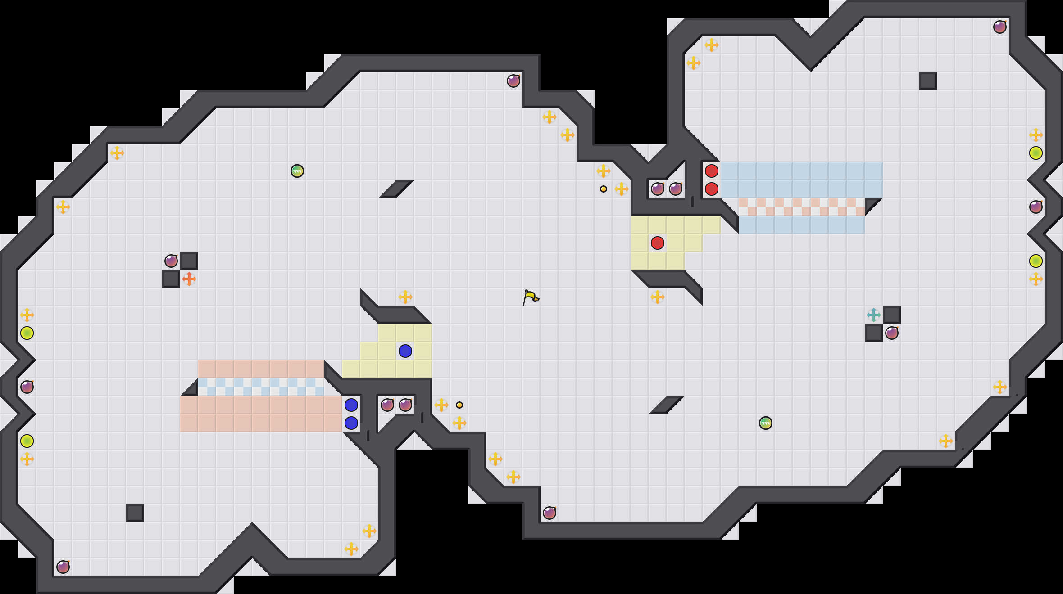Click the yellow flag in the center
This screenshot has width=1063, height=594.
[531, 297]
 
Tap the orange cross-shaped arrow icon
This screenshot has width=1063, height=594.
[189, 279]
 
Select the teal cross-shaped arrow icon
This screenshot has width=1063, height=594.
[874, 315]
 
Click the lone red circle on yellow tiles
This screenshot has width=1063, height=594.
[658, 243]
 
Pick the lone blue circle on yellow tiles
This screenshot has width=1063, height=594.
[405, 351]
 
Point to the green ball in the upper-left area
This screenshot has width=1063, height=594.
[297, 171]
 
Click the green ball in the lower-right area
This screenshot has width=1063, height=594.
[766, 423]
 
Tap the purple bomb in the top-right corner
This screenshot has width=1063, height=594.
[1000, 27]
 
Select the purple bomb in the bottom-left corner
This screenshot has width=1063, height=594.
[63, 567]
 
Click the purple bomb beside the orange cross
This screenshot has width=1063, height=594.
[171, 261]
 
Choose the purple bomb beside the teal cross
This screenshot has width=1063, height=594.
[892, 333]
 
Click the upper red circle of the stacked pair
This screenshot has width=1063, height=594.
[712, 171]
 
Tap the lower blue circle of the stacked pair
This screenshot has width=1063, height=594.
[351, 423]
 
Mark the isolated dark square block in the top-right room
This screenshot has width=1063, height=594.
[928, 81]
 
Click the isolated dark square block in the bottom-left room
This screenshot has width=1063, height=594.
[135, 513]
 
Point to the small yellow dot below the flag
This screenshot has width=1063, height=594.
[459, 405]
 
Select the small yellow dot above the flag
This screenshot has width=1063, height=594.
[604, 189]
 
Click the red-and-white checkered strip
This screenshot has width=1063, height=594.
[802, 207]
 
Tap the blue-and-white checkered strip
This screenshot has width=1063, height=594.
[261, 387]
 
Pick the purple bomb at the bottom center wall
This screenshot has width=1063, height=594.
[550, 513]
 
